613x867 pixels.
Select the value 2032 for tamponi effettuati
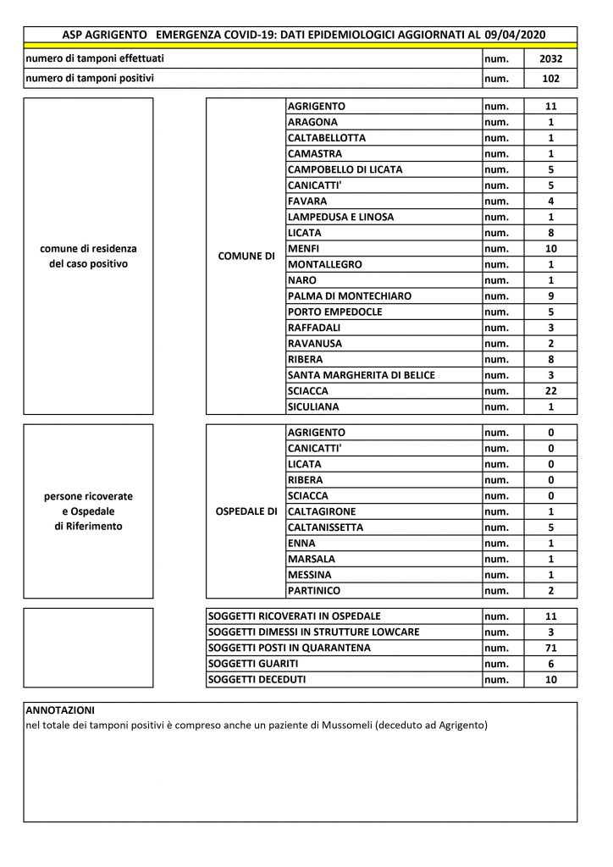(550, 59)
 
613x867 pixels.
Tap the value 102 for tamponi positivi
(550, 79)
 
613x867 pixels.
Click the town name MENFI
(303, 249)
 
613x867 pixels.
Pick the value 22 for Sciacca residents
(550, 392)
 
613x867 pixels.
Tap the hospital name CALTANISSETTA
(326, 527)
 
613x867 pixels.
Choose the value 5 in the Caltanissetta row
(550, 527)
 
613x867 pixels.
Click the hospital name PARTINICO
(315, 590)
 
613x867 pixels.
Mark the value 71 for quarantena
(550, 648)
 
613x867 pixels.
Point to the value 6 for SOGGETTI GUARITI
(550, 664)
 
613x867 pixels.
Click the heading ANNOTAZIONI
(60, 709)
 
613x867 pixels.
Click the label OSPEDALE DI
(247, 511)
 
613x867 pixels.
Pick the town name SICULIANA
(314, 407)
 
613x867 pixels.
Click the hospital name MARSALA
(312, 559)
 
